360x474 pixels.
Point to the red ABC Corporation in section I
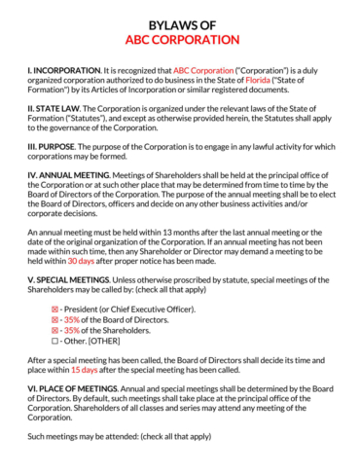[201, 71]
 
